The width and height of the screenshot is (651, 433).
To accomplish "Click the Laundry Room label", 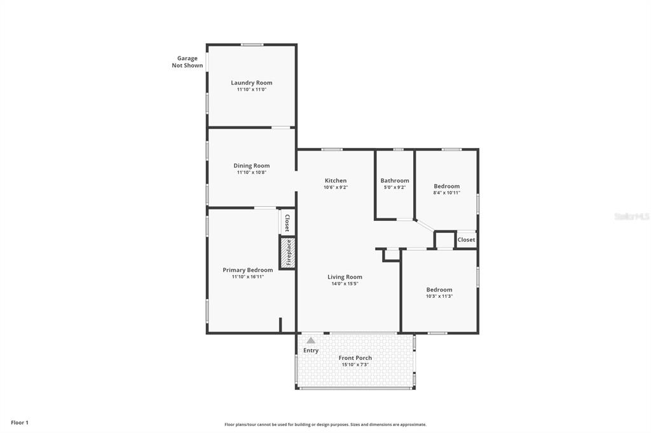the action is pos(252,83).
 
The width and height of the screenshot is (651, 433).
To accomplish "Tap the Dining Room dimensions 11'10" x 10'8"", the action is pos(252,172).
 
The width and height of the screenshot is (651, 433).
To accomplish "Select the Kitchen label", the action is pos(336,180).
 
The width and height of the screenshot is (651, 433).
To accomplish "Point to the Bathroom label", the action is pos(395,180).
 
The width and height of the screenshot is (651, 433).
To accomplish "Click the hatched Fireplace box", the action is pos(287,253).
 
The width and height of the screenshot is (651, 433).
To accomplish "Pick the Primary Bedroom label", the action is pos(248,270).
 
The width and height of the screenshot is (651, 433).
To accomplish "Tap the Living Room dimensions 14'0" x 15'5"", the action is pos(345,284).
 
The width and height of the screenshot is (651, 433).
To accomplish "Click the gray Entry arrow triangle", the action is pos(310,340).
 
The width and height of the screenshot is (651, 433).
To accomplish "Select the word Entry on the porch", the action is pos(310,350).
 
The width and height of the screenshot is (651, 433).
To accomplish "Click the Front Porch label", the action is pos(355,357).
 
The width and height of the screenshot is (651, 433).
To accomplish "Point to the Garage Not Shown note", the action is pos(188,62).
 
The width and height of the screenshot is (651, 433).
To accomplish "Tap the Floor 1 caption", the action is pos(20,423).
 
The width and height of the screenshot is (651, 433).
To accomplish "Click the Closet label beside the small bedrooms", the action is pos(466,240).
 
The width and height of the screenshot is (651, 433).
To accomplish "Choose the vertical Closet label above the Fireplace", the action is pos(287,223).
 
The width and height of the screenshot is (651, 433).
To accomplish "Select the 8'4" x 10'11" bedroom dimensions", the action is pos(447,192).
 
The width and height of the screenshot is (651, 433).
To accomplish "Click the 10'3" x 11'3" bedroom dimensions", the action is pos(439,296).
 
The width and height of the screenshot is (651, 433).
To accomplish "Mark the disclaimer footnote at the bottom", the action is pos(325,424).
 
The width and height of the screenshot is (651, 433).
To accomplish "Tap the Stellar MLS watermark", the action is pos(631,216).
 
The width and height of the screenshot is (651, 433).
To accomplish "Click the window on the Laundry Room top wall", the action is pos(252,44).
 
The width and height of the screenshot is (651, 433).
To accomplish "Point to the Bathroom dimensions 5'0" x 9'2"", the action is pos(395,187).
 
